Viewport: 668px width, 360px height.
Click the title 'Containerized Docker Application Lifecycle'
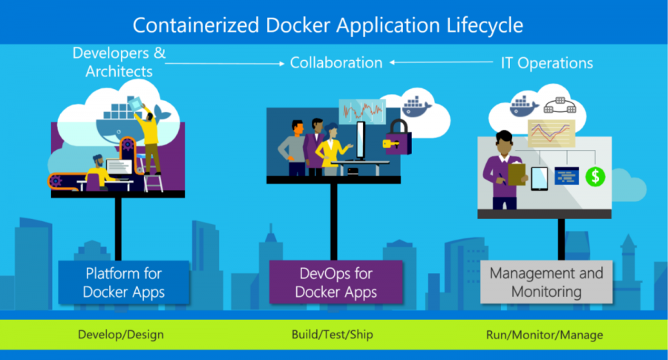(327, 25)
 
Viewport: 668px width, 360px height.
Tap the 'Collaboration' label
(336, 62)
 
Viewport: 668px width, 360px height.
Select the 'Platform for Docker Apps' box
(122, 283)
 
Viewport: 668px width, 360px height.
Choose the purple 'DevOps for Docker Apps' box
(336, 283)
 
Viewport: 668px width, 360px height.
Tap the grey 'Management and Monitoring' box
(546, 283)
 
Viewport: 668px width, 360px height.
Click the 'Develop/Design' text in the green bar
(120, 335)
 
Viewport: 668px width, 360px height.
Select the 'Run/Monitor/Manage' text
(544, 335)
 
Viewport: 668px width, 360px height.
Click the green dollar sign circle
(595, 176)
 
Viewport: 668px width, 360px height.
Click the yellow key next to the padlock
(387, 143)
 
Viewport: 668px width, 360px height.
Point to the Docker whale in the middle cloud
(414, 103)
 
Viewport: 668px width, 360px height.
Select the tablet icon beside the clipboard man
(539, 177)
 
